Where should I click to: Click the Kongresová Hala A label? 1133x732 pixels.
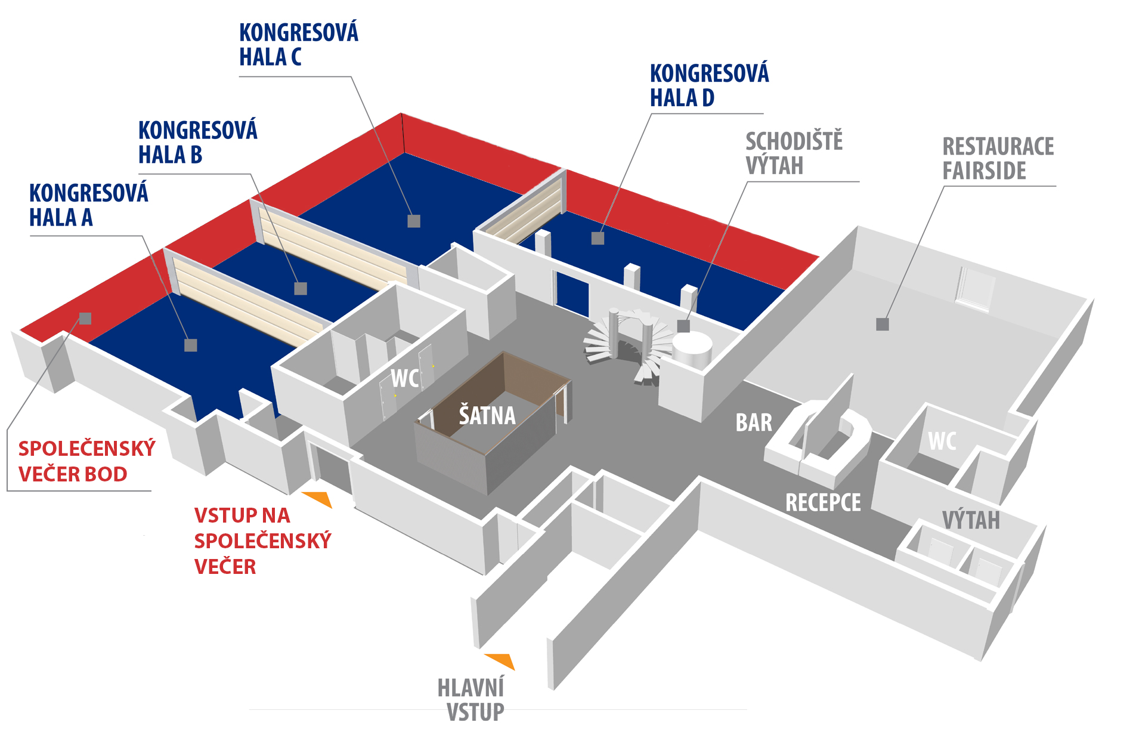pos(89,205)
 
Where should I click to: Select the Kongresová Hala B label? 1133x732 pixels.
pos(198,142)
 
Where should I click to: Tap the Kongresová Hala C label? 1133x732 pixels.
pos(299,44)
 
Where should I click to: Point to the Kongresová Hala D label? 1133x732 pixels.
pos(710,85)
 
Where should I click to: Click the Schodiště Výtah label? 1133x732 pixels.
pos(794,153)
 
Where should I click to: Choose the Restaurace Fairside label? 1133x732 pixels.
pos(998,158)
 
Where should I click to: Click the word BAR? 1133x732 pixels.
pos(754,422)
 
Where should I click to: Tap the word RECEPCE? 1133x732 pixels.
pos(823,502)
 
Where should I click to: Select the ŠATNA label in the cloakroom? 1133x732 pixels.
pos(487,415)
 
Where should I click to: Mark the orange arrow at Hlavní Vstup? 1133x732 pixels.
pos(501,660)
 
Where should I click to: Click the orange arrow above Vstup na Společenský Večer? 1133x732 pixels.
pos(318,499)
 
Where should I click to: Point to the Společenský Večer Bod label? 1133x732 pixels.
pos(87,461)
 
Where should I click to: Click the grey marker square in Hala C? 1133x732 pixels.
pos(414,221)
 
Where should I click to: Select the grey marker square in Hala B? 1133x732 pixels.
pos(301,289)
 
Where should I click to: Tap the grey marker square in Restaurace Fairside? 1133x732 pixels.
pos(883,325)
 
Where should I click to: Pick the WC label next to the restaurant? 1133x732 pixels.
pos(942,441)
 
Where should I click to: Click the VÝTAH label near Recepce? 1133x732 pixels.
pos(971,520)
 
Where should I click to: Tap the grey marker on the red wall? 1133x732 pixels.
pos(85,319)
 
